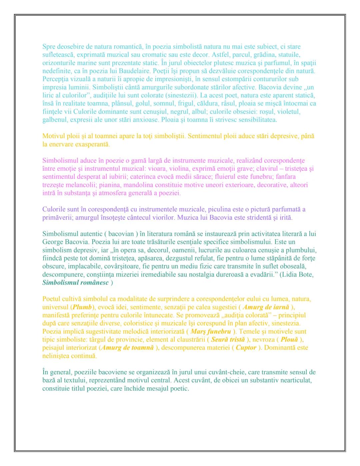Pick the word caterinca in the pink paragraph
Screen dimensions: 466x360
(144, 177)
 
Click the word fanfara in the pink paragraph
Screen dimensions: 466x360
(285, 177)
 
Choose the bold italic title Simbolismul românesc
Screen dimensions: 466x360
(75, 283)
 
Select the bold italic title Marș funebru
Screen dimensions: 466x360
(211, 332)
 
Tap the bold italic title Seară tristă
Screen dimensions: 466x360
(228, 340)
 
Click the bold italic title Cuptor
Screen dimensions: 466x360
(246, 348)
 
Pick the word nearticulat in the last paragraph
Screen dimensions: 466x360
(294, 380)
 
